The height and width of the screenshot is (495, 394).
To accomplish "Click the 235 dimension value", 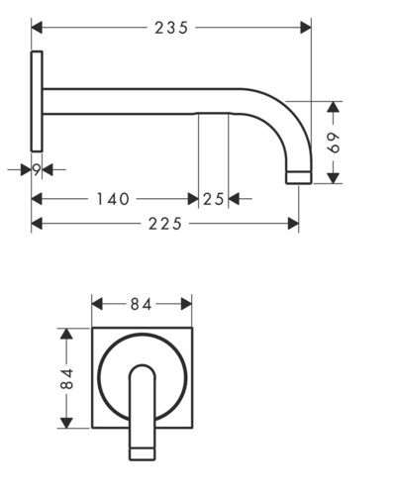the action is [171, 28].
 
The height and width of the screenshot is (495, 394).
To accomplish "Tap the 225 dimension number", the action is [165, 224].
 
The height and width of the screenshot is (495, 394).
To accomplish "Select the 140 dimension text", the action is [113, 199].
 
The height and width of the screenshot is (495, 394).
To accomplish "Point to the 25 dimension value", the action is [213, 199].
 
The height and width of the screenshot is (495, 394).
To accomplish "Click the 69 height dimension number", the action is [334, 143].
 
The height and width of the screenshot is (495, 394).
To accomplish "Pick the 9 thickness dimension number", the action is [37, 170].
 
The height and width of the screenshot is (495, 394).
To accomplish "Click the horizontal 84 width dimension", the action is [142, 304].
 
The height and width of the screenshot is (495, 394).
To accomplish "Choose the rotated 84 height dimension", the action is [67, 378].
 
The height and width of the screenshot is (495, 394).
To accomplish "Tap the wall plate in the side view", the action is [37, 101].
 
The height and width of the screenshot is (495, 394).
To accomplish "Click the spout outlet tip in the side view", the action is [299, 177].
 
